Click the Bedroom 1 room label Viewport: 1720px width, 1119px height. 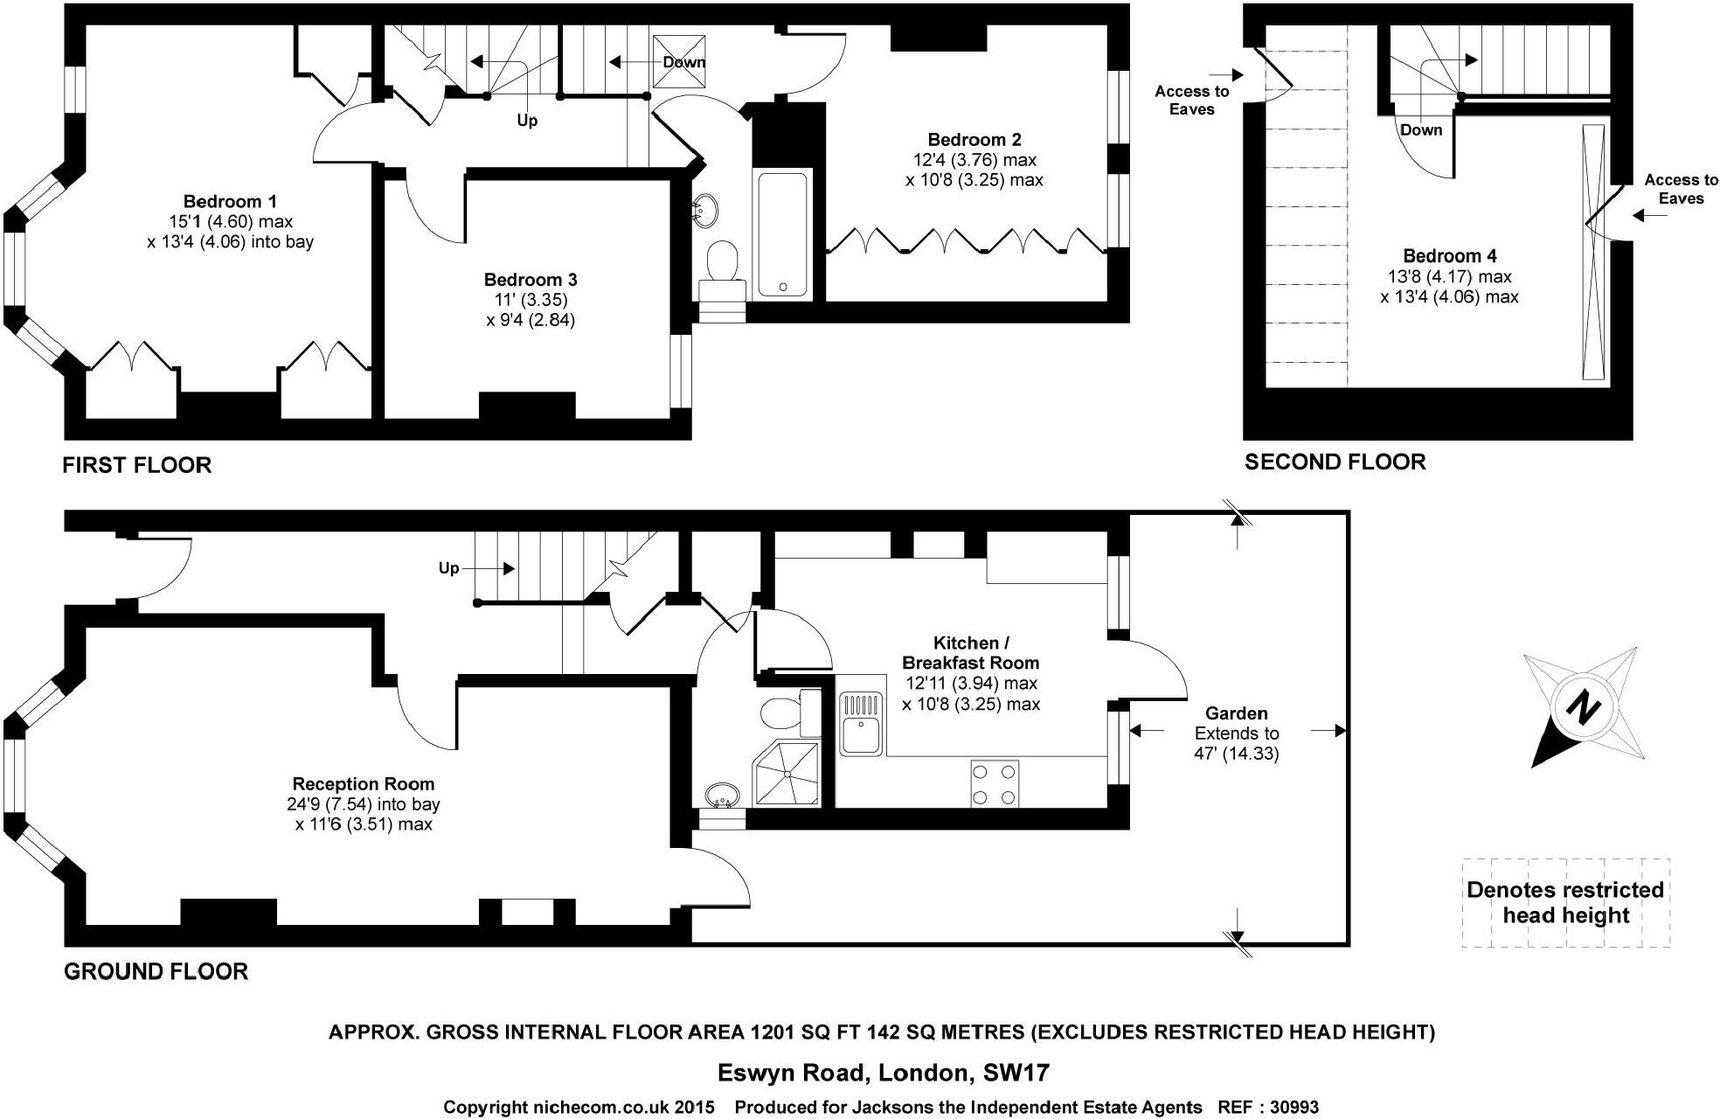tap(230, 202)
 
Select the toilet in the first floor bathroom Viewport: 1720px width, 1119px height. tap(722, 261)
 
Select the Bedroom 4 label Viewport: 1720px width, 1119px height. tap(1449, 256)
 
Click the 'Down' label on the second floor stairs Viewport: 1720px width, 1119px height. tap(1421, 130)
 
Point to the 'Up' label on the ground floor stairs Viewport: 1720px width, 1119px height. tap(448, 568)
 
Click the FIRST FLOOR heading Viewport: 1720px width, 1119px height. tap(137, 465)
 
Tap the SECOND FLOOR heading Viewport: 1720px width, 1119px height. tap(1335, 462)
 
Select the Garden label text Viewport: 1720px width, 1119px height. tap(1236, 713)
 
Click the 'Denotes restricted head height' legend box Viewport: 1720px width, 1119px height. tap(1565, 903)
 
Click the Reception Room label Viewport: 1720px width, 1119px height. tap(363, 784)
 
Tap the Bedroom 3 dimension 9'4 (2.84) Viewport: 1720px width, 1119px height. tap(531, 320)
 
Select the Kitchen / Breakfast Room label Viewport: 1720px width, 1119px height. tap(970, 652)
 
